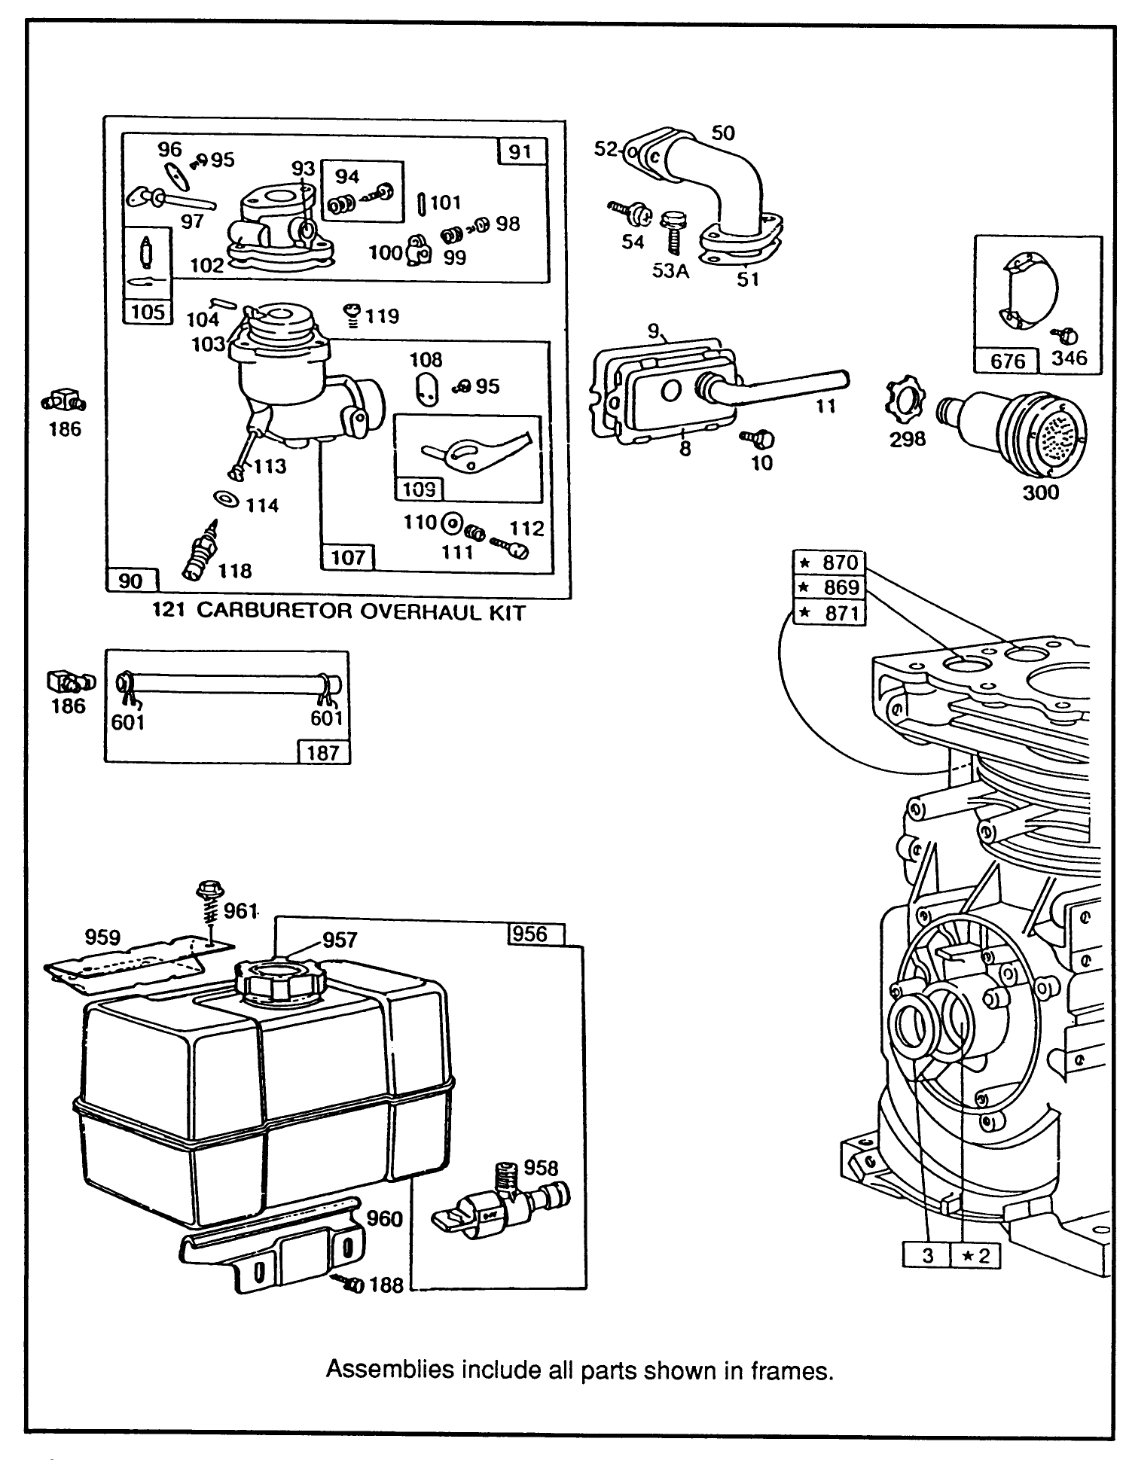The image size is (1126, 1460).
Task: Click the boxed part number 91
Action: click(x=521, y=152)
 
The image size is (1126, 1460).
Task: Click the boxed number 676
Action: click(x=1007, y=361)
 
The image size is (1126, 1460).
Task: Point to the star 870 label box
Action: click(x=829, y=562)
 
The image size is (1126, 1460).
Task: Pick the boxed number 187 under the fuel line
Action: click(x=324, y=751)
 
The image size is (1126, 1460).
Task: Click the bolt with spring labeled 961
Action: click(x=209, y=904)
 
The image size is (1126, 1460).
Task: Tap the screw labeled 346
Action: click(x=1069, y=335)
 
